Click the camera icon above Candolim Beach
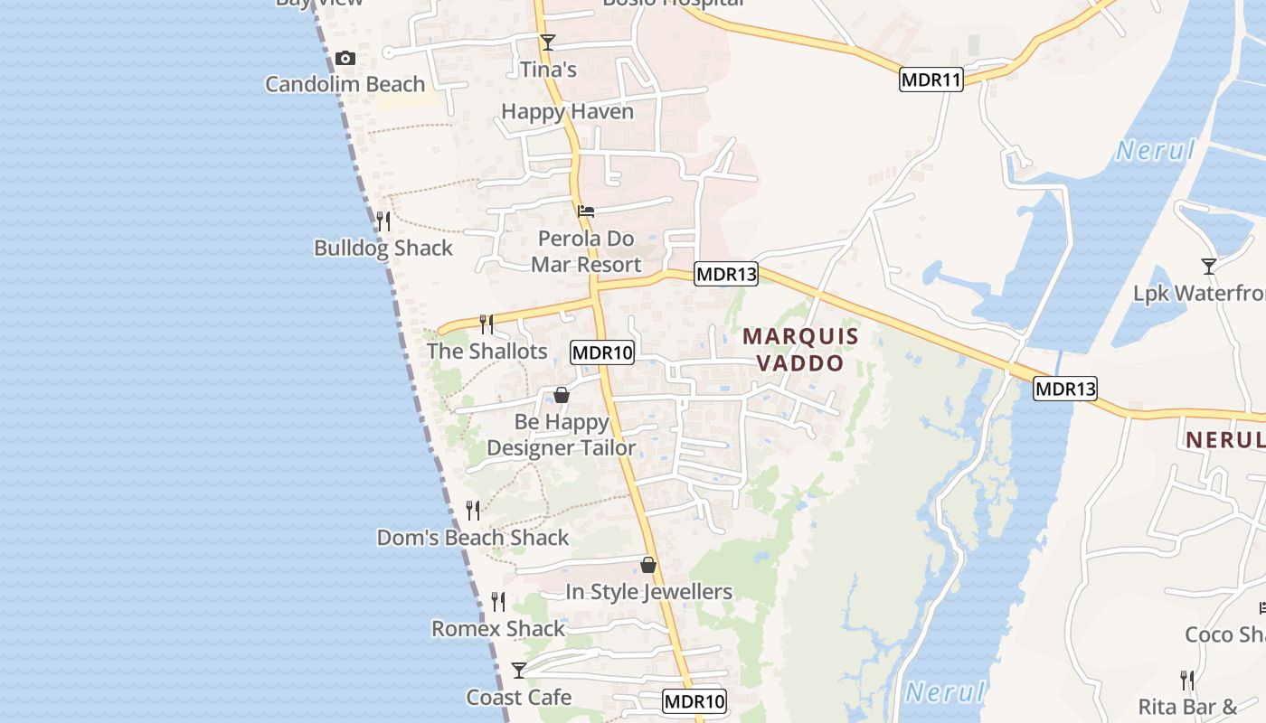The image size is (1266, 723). click(x=345, y=59)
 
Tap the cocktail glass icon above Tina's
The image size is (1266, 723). click(x=547, y=42)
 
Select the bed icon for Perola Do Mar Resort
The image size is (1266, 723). click(x=586, y=212)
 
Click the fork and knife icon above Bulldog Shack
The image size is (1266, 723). click(x=383, y=221)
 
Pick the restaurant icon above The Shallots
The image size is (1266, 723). click(x=487, y=324)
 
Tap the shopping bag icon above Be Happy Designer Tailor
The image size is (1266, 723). click(x=562, y=395)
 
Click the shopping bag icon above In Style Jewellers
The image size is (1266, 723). click(x=648, y=566)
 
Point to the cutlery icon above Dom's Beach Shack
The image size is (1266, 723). click(x=473, y=511)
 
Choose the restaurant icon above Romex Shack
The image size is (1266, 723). click(x=498, y=601)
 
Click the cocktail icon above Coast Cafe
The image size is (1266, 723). click(x=519, y=670)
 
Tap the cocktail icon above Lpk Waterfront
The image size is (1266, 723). click(x=1208, y=266)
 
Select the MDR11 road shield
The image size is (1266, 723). click(x=931, y=80)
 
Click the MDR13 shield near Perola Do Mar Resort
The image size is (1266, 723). click(x=725, y=274)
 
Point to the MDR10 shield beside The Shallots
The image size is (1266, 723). click(x=602, y=352)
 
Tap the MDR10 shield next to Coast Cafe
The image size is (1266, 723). click(x=694, y=701)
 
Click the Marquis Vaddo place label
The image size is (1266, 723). click(x=800, y=350)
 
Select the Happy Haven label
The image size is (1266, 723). click(x=567, y=112)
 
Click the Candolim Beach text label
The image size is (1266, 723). click(x=345, y=84)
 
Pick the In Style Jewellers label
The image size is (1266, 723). click(x=648, y=592)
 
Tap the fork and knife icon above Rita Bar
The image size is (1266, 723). click(x=1187, y=680)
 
